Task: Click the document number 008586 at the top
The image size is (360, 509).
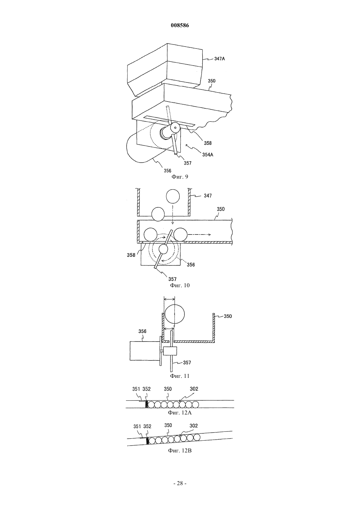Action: click(180, 26)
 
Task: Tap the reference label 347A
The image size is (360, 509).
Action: click(220, 59)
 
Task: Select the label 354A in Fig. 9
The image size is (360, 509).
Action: click(208, 155)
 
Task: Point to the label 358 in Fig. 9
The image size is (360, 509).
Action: click(208, 143)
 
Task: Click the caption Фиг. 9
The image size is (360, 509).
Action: click(180, 177)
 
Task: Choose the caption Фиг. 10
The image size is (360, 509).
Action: click(180, 285)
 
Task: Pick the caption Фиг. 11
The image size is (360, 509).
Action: click(180, 376)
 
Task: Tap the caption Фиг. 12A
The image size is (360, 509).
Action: click(180, 412)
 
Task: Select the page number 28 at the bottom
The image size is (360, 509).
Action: click(180, 483)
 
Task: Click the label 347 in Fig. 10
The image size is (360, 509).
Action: click(208, 196)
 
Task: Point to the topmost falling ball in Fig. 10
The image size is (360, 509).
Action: click(173, 196)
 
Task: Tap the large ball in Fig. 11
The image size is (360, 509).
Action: click(174, 314)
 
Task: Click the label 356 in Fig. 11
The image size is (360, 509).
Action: click(142, 331)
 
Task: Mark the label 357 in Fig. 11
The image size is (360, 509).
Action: click(187, 363)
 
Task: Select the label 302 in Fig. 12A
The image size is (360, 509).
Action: click(194, 389)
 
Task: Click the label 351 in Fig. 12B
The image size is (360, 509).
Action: click(137, 427)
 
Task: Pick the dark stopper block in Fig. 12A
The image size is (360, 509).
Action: click(147, 404)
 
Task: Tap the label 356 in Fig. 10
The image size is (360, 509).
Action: click(191, 265)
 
